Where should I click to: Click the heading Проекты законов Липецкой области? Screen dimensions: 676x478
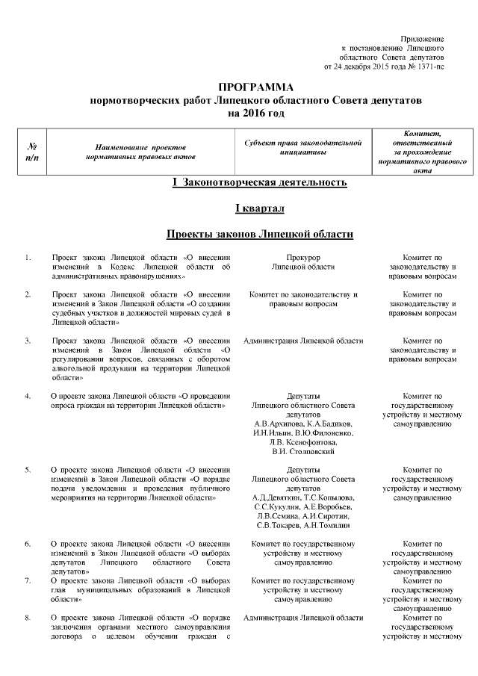pyautogui.click(x=258, y=234)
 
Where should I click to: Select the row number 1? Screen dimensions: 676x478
pyautogui.click(x=28, y=258)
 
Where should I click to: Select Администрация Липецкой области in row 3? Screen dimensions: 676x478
pyautogui.click(x=303, y=341)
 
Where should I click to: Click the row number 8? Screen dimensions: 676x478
pyautogui.click(x=28, y=618)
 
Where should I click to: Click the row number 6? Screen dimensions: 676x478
pyautogui.click(x=28, y=545)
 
